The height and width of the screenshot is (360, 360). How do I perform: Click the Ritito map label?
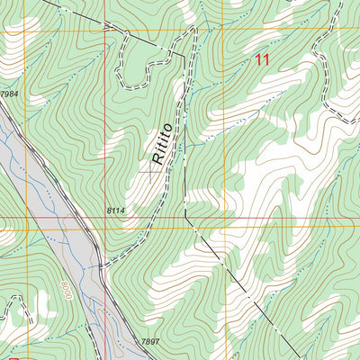click(x=163, y=145)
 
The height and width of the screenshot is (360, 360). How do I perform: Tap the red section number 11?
click(x=262, y=60)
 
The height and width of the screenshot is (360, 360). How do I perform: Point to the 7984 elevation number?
click(x=10, y=94)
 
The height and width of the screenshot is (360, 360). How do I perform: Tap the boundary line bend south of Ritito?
click(x=185, y=216)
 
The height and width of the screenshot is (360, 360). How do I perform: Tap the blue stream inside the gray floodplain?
click(x=67, y=270)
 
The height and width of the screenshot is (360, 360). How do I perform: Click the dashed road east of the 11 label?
click(x=328, y=99)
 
